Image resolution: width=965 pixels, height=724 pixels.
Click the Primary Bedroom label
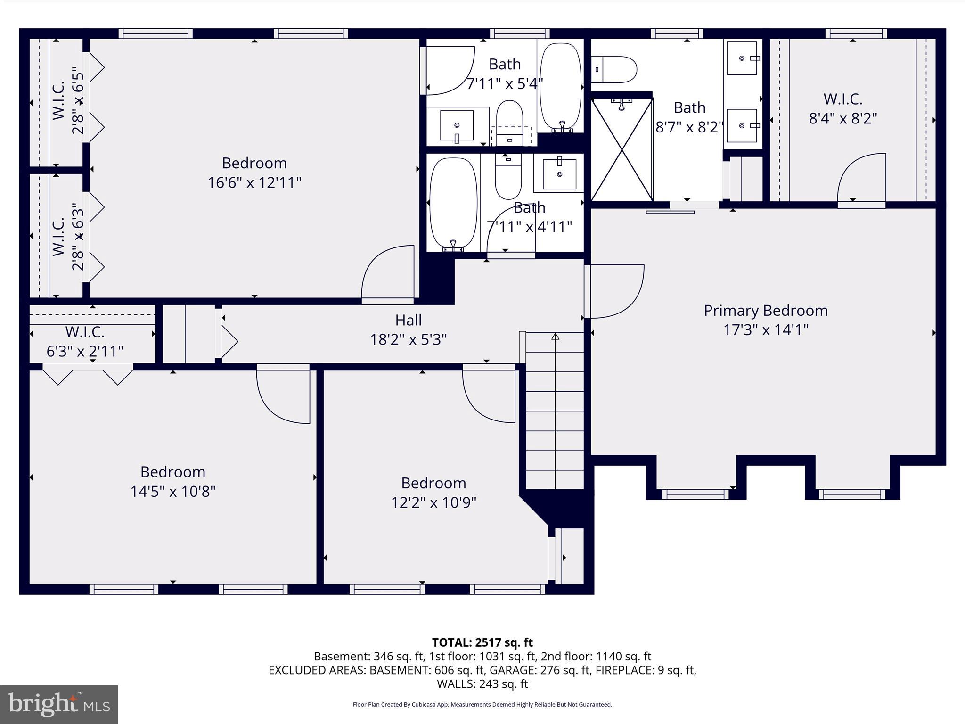pyautogui.click(x=765, y=311)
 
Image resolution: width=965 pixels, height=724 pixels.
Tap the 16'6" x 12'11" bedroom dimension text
pyautogui.click(x=254, y=182)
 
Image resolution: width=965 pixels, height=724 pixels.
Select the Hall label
pyautogui.click(x=408, y=321)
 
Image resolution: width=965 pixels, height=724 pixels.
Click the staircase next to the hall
pyautogui.click(x=555, y=410)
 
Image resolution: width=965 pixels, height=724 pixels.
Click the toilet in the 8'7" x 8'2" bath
pyautogui.click(x=614, y=70)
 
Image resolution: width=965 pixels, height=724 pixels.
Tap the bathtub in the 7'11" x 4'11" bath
pyautogui.click(x=453, y=203)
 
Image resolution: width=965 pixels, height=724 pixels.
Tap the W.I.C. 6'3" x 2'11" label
pyautogui.click(x=85, y=341)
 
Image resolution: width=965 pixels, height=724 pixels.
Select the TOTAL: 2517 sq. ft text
pyautogui.click(x=482, y=642)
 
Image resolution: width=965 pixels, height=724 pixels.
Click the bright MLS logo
pyautogui.click(x=58, y=705)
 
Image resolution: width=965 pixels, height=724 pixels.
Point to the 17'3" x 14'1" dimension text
pyautogui.click(x=765, y=330)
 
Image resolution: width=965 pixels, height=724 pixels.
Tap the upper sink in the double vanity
pyautogui.click(x=742, y=58)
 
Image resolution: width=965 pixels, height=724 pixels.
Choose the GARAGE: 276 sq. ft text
pyautogui.click(x=540, y=670)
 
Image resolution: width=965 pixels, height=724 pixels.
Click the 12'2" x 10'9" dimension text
pyautogui.click(x=433, y=503)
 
